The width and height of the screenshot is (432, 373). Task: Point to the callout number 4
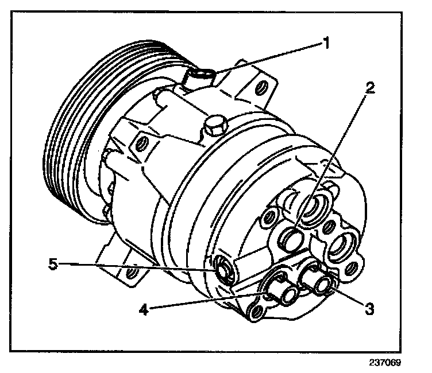point(144,310)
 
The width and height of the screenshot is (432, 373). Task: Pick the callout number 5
point(53,265)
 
